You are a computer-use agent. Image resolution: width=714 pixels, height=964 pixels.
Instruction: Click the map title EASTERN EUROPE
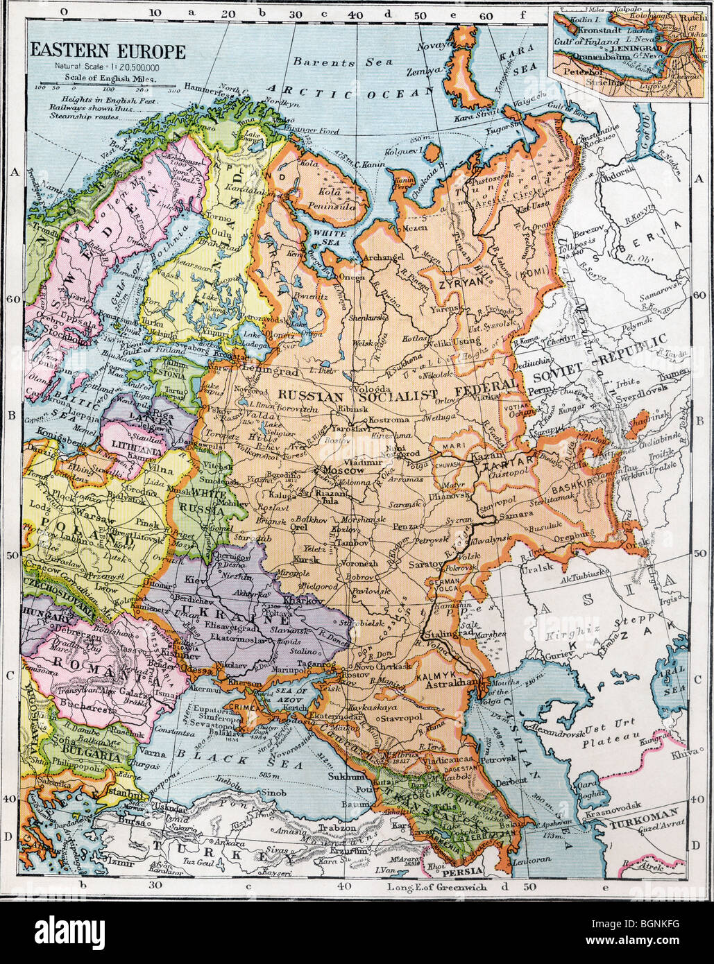(107, 51)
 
